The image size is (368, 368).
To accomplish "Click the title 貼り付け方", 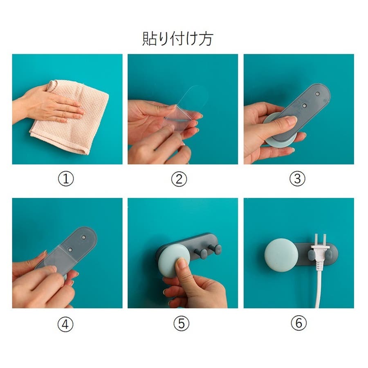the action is pyautogui.click(x=178, y=39).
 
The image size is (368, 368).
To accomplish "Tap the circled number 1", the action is pyautogui.click(x=66, y=179).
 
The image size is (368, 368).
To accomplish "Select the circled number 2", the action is pyautogui.click(x=179, y=179).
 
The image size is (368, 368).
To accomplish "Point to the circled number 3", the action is pyautogui.click(x=297, y=179).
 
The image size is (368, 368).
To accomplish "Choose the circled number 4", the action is pyautogui.click(x=65, y=324).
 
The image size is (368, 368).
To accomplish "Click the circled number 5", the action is pyautogui.click(x=182, y=323).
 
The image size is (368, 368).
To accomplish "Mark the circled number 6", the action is pyautogui.click(x=299, y=323).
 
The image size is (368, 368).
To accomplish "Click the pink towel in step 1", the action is pyautogui.click(x=73, y=117).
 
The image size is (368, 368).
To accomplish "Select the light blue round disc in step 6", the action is pyautogui.click(x=281, y=255).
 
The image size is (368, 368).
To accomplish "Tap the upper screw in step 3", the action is pyautogui.click(x=317, y=94).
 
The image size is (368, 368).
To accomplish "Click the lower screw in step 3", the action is pyautogui.click(x=304, y=105).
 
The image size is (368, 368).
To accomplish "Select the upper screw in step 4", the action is pyautogui.click(x=83, y=238).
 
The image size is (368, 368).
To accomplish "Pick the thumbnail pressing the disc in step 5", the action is pyautogui.click(x=181, y=263).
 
